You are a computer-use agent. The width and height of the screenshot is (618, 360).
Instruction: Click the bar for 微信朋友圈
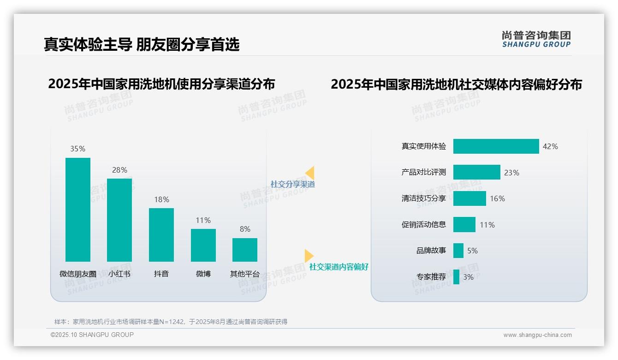pyautogui.click(x=78, y=210)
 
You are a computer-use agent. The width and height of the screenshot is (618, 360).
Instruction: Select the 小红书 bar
pyautogui.click(x=119, y=220)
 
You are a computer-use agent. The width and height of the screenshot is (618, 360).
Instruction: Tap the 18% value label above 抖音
pyautogui.click(x=161, y=199)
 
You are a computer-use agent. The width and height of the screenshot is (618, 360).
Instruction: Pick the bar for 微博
pyautogui.click(x=203, y=245)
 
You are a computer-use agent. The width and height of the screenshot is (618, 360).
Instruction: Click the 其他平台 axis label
pyautogui.click(x=245, y=274)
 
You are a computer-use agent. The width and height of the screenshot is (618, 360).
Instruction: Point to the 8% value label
pyautogui.click(x=245, y=229)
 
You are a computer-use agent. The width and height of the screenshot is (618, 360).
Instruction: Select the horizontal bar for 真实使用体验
pyautogui.click(x=496, y=146)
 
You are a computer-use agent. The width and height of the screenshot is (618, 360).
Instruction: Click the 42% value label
pyautogui.click(x=550, y=146)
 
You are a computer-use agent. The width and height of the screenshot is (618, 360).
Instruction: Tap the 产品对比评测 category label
pyautogui.click(x=424, y=172)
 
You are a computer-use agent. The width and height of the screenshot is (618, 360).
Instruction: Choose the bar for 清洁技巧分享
pyautogui.click(x=469, y=198)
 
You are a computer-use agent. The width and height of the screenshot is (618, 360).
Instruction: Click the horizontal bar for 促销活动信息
pyautogui.click(x=464, y=225)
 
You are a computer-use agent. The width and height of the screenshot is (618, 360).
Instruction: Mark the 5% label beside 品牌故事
pyautogui.click(x=472, y=251)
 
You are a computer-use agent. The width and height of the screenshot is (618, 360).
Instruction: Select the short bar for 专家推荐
pyautogui.click(x=456, y=277)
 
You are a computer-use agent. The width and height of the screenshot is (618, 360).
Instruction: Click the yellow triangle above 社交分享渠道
pyautogui.click(x=310, y=173)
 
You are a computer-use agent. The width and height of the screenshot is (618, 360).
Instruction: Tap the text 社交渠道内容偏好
pyautogui.click(x=339, y=267)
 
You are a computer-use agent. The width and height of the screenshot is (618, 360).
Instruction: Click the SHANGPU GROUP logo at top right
pyautogui.click(x=536, y=39)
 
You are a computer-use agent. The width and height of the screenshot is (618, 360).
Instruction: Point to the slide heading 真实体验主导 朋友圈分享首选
pyautogui.click(x=142, y=44)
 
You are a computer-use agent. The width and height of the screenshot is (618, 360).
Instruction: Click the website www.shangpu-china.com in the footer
pyautogui.click(x=537, y=335)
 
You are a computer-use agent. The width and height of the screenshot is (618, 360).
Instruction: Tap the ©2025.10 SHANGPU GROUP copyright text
pyautogui.click(x=92, y=335)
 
